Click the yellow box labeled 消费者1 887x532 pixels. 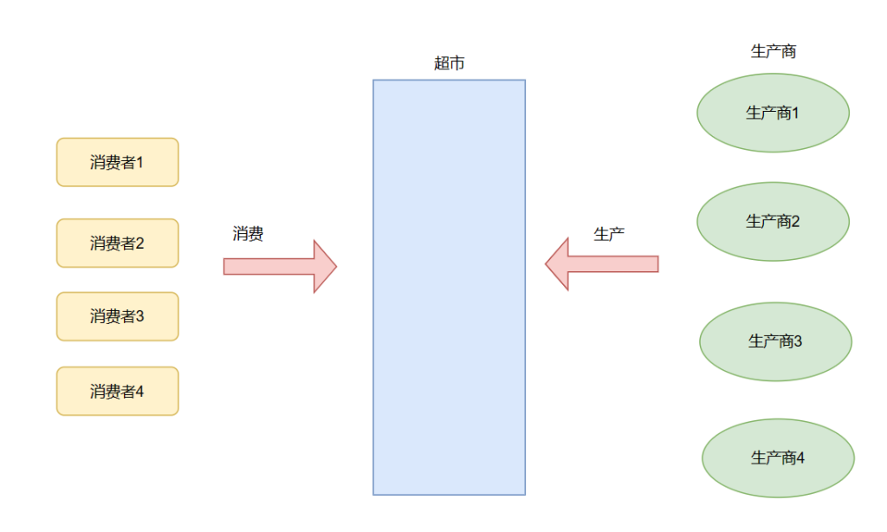(117, 162)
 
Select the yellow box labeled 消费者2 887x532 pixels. (117, 243)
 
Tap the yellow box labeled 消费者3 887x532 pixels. (117, 316)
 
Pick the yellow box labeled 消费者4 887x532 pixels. (117, 391)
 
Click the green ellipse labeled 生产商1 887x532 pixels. (773, 113)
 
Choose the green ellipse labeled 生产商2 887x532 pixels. (773, 221)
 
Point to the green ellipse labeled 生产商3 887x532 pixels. (775, 341)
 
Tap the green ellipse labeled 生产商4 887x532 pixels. (778, 457)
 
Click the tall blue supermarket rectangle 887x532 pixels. (449, 287)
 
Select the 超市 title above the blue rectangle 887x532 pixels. (450, 63)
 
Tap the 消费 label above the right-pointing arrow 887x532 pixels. (248, 234)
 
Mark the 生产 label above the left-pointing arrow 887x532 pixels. (609, 234)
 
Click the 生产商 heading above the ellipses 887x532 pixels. (773, 51)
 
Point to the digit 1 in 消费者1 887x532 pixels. (139, 162)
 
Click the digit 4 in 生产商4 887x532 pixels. (800, 457)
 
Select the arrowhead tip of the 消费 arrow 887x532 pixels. (334, 266)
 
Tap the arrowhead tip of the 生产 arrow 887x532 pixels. (547, 263)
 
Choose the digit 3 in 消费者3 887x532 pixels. (139, 316)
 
